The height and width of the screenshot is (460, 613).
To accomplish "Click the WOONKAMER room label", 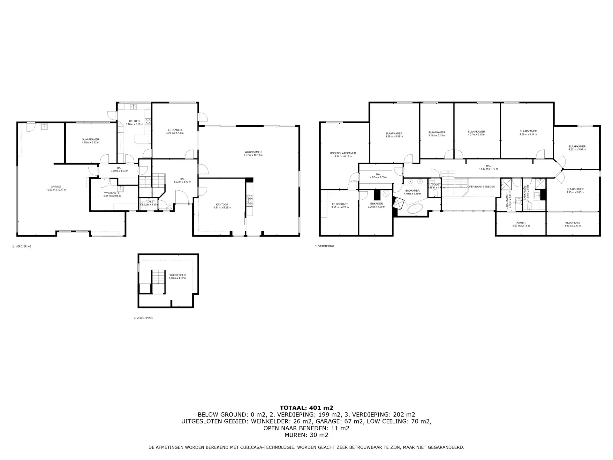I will coord(253,152).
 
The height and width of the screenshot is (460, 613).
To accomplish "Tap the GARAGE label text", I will coord(56,187).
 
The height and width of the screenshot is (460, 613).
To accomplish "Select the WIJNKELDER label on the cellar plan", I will coord(178,275).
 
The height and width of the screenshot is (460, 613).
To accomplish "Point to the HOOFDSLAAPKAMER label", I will coord(343,153).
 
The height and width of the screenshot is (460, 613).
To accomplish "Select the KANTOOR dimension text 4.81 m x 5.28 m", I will coord(222,208).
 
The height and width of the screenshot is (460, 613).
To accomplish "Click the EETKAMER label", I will coord(175,130).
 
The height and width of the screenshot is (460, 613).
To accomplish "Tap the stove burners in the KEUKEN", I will coord(148,121).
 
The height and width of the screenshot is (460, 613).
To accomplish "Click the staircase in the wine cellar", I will coord(158,281).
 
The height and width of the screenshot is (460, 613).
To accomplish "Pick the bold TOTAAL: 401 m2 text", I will coord(306,408).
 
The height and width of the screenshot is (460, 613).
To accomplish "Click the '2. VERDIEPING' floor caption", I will coord(22,246).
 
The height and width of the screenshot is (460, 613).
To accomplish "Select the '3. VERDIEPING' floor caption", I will coord(324,246).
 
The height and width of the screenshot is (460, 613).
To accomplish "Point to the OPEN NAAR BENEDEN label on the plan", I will coord(481,187).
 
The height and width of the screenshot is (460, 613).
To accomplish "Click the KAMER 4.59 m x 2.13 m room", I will coord(521,224).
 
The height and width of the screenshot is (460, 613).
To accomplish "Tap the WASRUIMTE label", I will coord(112,193).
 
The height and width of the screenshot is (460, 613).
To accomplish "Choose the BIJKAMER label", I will coord(376,204).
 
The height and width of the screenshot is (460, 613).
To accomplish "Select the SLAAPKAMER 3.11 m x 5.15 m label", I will coord(436,132).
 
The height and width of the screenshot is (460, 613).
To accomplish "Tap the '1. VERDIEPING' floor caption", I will coord(143,318).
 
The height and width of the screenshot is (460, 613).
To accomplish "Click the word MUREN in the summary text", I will coord(294,435).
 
